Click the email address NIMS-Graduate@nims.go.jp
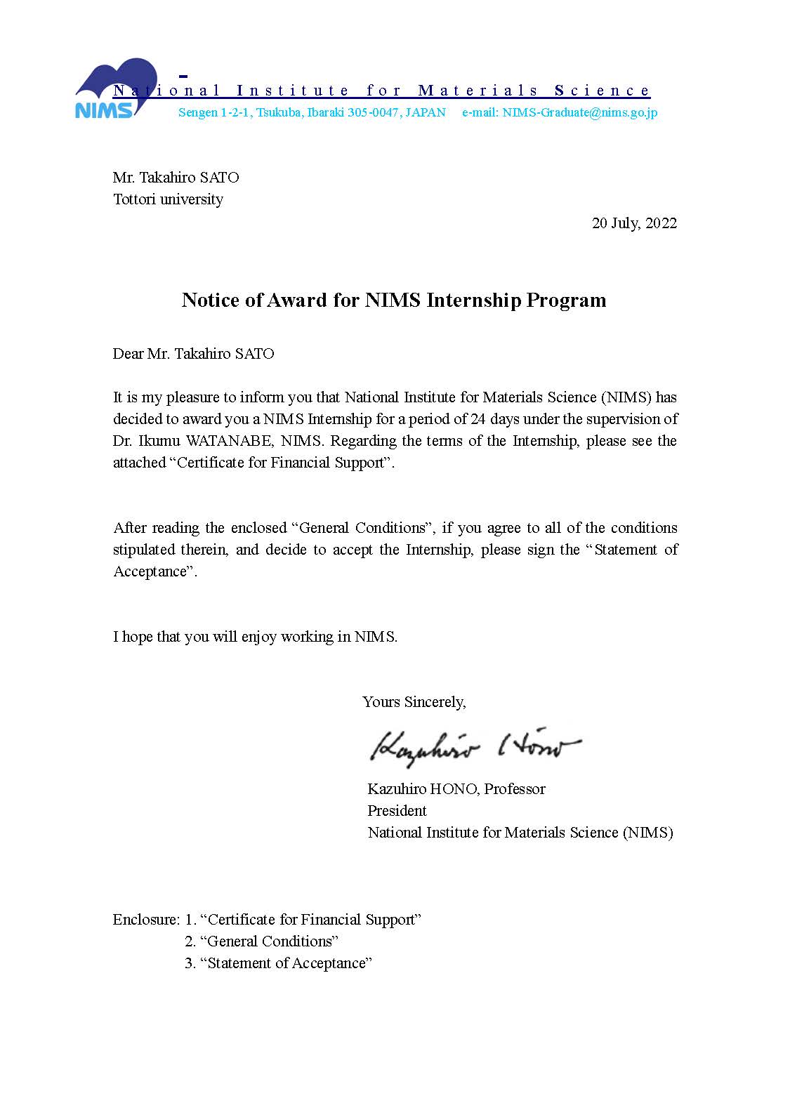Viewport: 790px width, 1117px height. pyautogui.click(x=579, y=112)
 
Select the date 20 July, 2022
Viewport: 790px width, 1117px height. pyautogui.click(x=634, y=223)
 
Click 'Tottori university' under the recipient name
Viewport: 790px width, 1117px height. pyautogui.click(x=168, y=199)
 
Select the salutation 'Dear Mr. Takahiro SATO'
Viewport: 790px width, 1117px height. pyautogui.click(x=193, y=354)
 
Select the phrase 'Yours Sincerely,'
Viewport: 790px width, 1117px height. pyautogui.click(x=414, y=701)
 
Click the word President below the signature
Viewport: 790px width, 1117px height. pyautogui.click(x=397, y=811)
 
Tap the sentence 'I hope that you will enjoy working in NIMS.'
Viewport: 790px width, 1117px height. pyautogui.click(x=255, y=637)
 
